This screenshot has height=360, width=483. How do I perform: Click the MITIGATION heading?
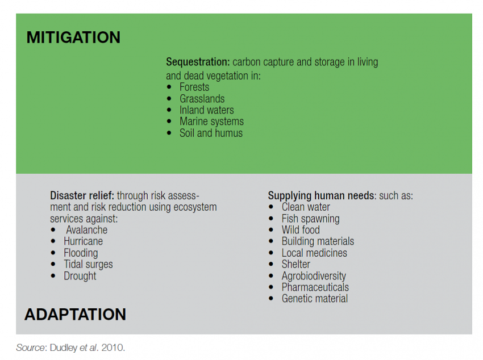[x=73, y=37]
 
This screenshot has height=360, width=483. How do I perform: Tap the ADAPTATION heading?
[x=75, y=315]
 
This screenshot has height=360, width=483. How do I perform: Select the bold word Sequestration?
[x=198, y=62]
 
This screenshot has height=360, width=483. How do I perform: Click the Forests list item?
[x=194, y=87]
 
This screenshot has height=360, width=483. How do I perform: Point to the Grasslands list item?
[x=202, y=99]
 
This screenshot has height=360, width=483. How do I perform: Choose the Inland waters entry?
[x=207, y=110]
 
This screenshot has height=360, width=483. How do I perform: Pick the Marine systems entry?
[x=211, y=122]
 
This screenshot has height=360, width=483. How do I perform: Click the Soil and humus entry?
[x=211, y=133]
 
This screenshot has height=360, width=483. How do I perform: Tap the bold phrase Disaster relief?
[x=82, y=196]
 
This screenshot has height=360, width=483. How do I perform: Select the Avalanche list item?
[x=86, y=230]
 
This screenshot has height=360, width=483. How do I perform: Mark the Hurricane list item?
[x=83, y=241]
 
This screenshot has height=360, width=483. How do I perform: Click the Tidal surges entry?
[x=88, y=264]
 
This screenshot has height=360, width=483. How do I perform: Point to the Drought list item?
[x=80, y=276]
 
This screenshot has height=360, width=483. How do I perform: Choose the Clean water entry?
[x=306, y=207]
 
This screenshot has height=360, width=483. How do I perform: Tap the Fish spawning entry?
[x=310, y=219]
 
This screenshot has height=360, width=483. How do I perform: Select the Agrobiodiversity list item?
[x=314, y=276]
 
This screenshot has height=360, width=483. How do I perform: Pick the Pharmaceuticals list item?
[x=315, y=287]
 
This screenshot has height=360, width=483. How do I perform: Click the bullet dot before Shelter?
[x=271, y=264]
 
